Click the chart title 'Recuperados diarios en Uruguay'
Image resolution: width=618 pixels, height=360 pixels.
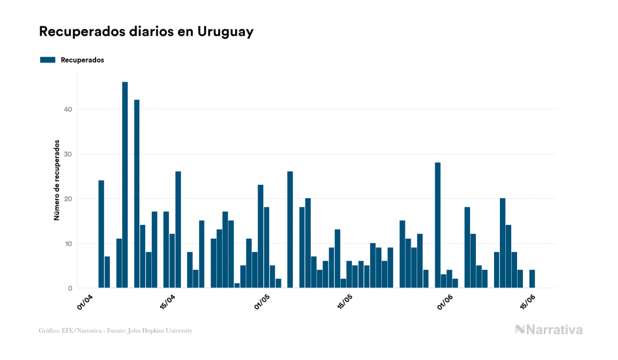(x=146, y=32)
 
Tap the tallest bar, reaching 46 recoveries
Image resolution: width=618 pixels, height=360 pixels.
(x=125, y=185)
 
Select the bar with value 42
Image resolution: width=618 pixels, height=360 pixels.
(x=137, y=194)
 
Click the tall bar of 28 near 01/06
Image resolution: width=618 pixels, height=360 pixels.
(x=437, y=225)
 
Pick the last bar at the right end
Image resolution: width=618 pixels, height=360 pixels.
(x=532, y=279)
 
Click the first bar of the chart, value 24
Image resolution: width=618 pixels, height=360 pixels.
(x=101, y=234)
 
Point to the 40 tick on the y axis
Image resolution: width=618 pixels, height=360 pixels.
(x=68, y=109)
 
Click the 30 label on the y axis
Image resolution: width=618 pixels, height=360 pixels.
(x=68, y=154)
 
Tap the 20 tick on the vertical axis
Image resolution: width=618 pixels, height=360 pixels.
(x=68, y=199)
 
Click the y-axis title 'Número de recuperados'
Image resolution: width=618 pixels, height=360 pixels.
(x=56, y=181)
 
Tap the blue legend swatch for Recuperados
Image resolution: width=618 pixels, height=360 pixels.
(x=48, y=60)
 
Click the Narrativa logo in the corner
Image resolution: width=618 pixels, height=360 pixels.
(x=549, y=330)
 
